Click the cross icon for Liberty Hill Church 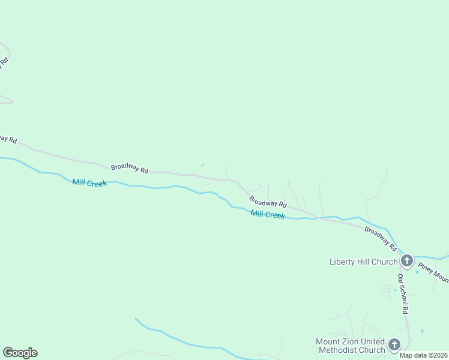pyautogui.click(x=407, y=260)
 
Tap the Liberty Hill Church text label pyautogui.click(x=363, y=262)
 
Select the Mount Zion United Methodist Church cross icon pyautogui.click(x=394, y=344)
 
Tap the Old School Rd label pyautogui.click(x=403, y=294)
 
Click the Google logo pyautogui.click(x=20, y=353)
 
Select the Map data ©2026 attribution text pyautogui.click(x=424, y=355)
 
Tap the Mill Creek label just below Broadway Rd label pyautogui.click(x=268, y=215)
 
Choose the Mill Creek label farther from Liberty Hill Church pyautogui.click(x=89, y=182)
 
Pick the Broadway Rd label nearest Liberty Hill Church pyautogui.click(x=381, y=238)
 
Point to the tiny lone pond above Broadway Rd pyautogui.click(x=202, y=165)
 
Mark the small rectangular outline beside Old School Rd pyautogui.click(x=385, y=289)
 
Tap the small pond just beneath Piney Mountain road pyautogui.click(x=417, y=272)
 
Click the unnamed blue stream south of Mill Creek pyautogui.click(x=180, y=341)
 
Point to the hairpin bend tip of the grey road pyautogui.click(x=10, y=102)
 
